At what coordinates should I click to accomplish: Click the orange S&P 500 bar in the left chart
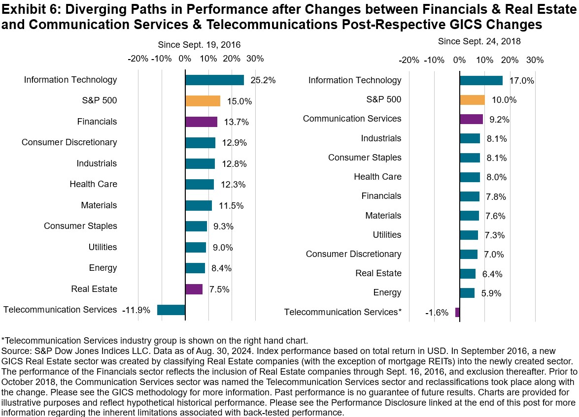(203, 101)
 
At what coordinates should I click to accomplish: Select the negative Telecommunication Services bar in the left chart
(171, 310)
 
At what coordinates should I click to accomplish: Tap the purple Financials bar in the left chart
(201, 122)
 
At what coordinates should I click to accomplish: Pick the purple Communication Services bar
(471, 119)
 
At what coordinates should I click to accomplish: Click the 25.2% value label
(262, 80)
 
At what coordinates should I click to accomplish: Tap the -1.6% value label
(437, 312)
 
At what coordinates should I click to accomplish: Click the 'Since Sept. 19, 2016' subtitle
(199, 45)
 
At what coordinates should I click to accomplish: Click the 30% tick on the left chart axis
(255, 59)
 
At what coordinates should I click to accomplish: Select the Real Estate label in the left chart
(94, 289)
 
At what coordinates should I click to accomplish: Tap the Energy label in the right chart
(387, 292)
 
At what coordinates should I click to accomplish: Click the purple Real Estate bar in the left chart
(194, 289)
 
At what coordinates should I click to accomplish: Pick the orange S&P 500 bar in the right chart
(472, 99)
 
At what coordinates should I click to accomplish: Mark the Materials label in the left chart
(99, 205)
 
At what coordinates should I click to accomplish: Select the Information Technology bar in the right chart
(481, 80)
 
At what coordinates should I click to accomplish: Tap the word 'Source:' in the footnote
(16, 349)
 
